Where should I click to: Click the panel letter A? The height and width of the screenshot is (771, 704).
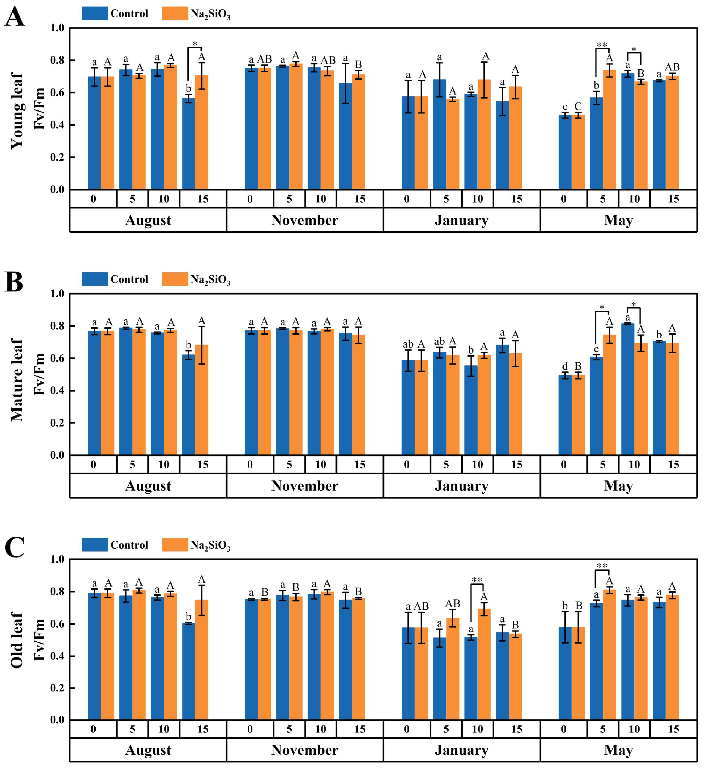tap(15, 17)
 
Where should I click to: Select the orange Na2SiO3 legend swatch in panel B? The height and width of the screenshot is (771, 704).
tap(175, 279)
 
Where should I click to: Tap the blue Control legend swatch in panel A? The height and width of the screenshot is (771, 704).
tap(94, 13)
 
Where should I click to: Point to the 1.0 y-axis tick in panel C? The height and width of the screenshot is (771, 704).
tap(57, 560)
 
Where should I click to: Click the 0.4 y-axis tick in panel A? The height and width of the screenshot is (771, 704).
tap(57, 125)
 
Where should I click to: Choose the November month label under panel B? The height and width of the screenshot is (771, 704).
tap(305, 486)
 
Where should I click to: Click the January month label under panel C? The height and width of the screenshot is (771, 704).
tap(461, 750)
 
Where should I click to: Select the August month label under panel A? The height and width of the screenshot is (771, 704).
tap(148, 220)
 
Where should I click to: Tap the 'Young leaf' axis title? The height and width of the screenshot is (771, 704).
tap(17, 111)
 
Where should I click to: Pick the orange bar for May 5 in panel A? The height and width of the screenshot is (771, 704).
tap(610, 130)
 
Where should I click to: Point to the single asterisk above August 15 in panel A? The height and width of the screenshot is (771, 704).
tap(195, 44)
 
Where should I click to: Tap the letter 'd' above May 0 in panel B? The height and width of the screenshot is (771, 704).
tap(565, 367)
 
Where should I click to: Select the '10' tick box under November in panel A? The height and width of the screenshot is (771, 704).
tap(320, 199)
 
